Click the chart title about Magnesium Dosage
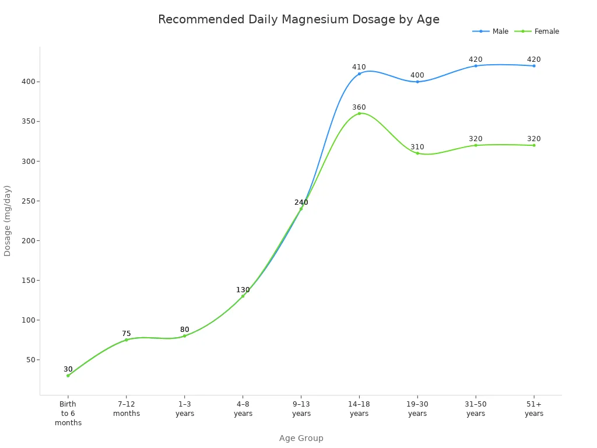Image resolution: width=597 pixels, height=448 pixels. point(298,19)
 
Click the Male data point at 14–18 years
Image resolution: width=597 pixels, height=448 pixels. point(359,73)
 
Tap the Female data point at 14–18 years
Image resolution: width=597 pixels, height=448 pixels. point(359,113)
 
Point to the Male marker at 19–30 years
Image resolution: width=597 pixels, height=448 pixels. point(417,82)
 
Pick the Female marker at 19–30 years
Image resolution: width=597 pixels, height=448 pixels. point(417,153)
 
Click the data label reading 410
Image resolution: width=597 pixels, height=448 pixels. point(359,67)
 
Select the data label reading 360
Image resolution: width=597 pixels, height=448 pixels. point(359,107)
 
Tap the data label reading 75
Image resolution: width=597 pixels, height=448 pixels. point(127,334)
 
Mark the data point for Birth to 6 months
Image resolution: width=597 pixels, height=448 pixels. point(68,376)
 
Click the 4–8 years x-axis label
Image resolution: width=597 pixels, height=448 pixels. point(243,408)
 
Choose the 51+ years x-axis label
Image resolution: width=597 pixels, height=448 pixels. point(533,408)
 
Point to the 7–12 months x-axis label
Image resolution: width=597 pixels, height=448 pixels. point(127,408)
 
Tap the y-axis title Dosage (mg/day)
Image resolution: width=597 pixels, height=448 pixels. point(8,220)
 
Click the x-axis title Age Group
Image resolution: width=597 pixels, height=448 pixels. point(301,438)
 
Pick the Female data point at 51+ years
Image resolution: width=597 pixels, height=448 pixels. point(533,145)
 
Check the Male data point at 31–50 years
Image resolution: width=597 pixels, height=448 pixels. point(476,66)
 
